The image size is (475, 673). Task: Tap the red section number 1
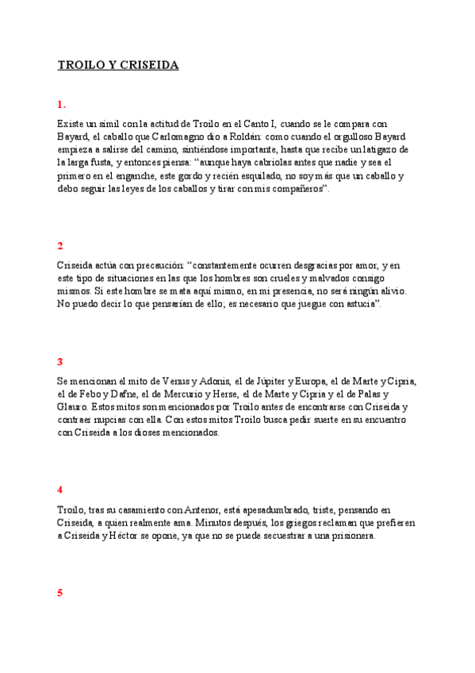pos(61,104)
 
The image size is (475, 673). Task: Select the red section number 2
pos(60,246)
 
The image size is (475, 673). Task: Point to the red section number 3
pos(60,362)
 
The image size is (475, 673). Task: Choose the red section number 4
pos(60,489)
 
